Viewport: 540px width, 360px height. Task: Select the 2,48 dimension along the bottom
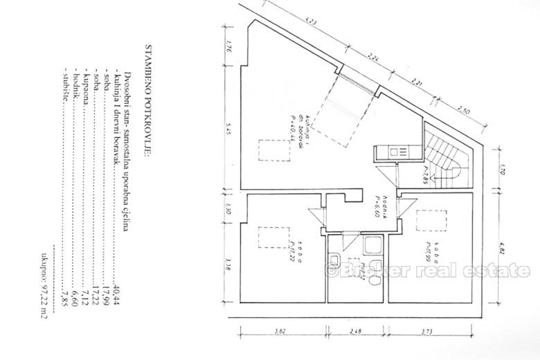pyautogui.click(x=357, y=331)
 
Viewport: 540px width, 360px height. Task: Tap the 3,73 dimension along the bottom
pyautogui.click(x=430, y=331)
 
